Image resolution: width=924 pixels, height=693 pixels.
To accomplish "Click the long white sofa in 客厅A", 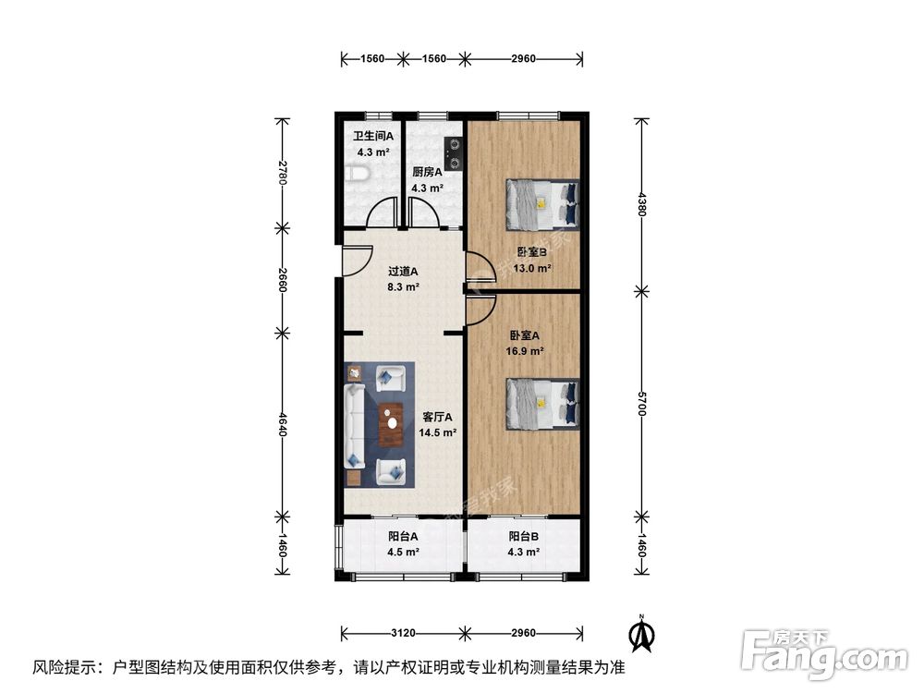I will click(354, 426).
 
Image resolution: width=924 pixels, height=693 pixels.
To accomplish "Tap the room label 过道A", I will click(403, 272).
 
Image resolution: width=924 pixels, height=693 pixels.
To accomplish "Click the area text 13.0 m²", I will click(533, 268).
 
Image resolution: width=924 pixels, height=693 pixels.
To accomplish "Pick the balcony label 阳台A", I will click(403, 536).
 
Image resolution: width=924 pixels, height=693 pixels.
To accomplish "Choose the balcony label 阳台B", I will click(523, 536).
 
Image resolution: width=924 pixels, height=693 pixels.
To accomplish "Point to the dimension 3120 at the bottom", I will click(403, 634).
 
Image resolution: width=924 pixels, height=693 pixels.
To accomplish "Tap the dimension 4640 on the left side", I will click(283, 421).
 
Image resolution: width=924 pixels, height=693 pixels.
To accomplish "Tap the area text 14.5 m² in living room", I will click(438, 432).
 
